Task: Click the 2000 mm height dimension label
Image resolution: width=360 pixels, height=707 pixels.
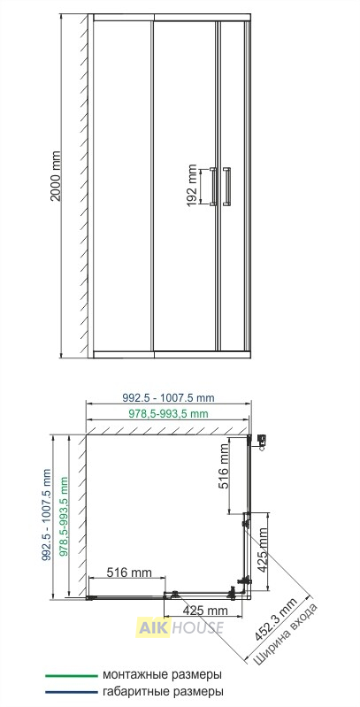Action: tap(56, 176)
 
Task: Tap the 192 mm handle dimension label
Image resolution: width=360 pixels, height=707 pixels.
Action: tap(192, 186)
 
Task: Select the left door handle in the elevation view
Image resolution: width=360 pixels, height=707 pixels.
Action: tap(213, 186)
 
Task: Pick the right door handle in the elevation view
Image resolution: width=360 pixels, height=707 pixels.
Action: tap(226, 186)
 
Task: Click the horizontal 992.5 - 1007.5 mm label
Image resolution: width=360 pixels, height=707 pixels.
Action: tap(169, 398)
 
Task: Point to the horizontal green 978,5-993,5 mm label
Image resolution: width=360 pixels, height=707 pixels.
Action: tap(169, 414)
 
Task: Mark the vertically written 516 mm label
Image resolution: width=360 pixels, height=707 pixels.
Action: tap(224, 466)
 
